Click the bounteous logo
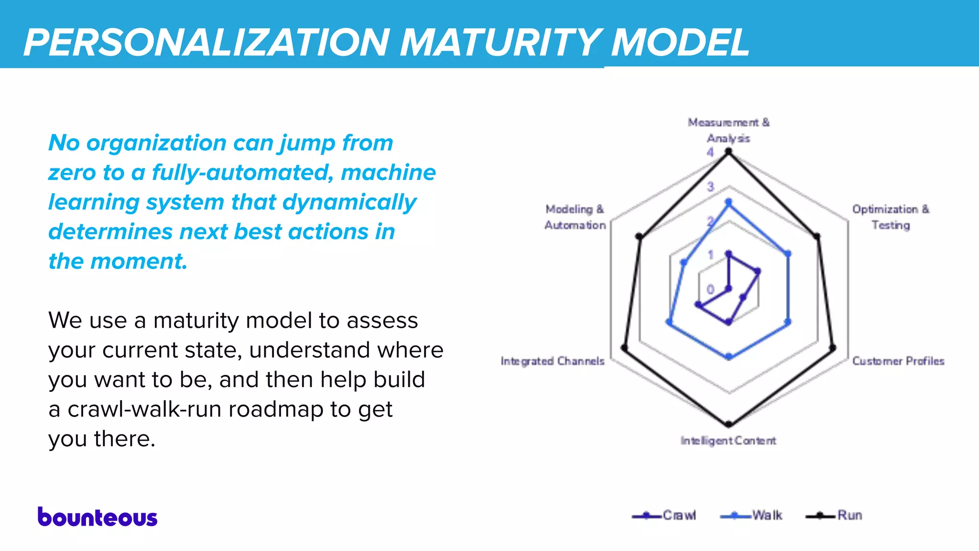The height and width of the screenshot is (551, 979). (98, 518)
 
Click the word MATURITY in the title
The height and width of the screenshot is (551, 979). (500, 42)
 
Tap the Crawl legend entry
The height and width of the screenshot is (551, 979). (664, 516)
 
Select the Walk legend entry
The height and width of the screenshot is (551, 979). (751, 516)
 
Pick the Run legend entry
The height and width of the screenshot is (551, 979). (835, 516)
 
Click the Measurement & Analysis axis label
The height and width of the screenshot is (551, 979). (729, 130)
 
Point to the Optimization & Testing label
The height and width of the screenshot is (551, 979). (891, 217)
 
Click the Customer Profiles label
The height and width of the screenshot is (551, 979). (898, 361)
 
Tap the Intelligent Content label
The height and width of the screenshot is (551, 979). (728, 441)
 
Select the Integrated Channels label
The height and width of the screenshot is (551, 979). (553, 361)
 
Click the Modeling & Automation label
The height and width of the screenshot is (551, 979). (575, 217)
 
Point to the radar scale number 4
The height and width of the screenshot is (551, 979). (710, 152)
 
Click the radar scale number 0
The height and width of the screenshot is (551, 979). (710, 289)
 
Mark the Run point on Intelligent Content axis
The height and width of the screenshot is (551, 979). (729, 424)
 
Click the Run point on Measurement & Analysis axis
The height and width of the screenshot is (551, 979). (729, 152)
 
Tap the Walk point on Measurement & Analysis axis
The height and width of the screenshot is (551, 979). (729, 202)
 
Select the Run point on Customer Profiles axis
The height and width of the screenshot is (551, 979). (832, 348)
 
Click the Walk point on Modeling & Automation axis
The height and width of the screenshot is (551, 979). (684, 263)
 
